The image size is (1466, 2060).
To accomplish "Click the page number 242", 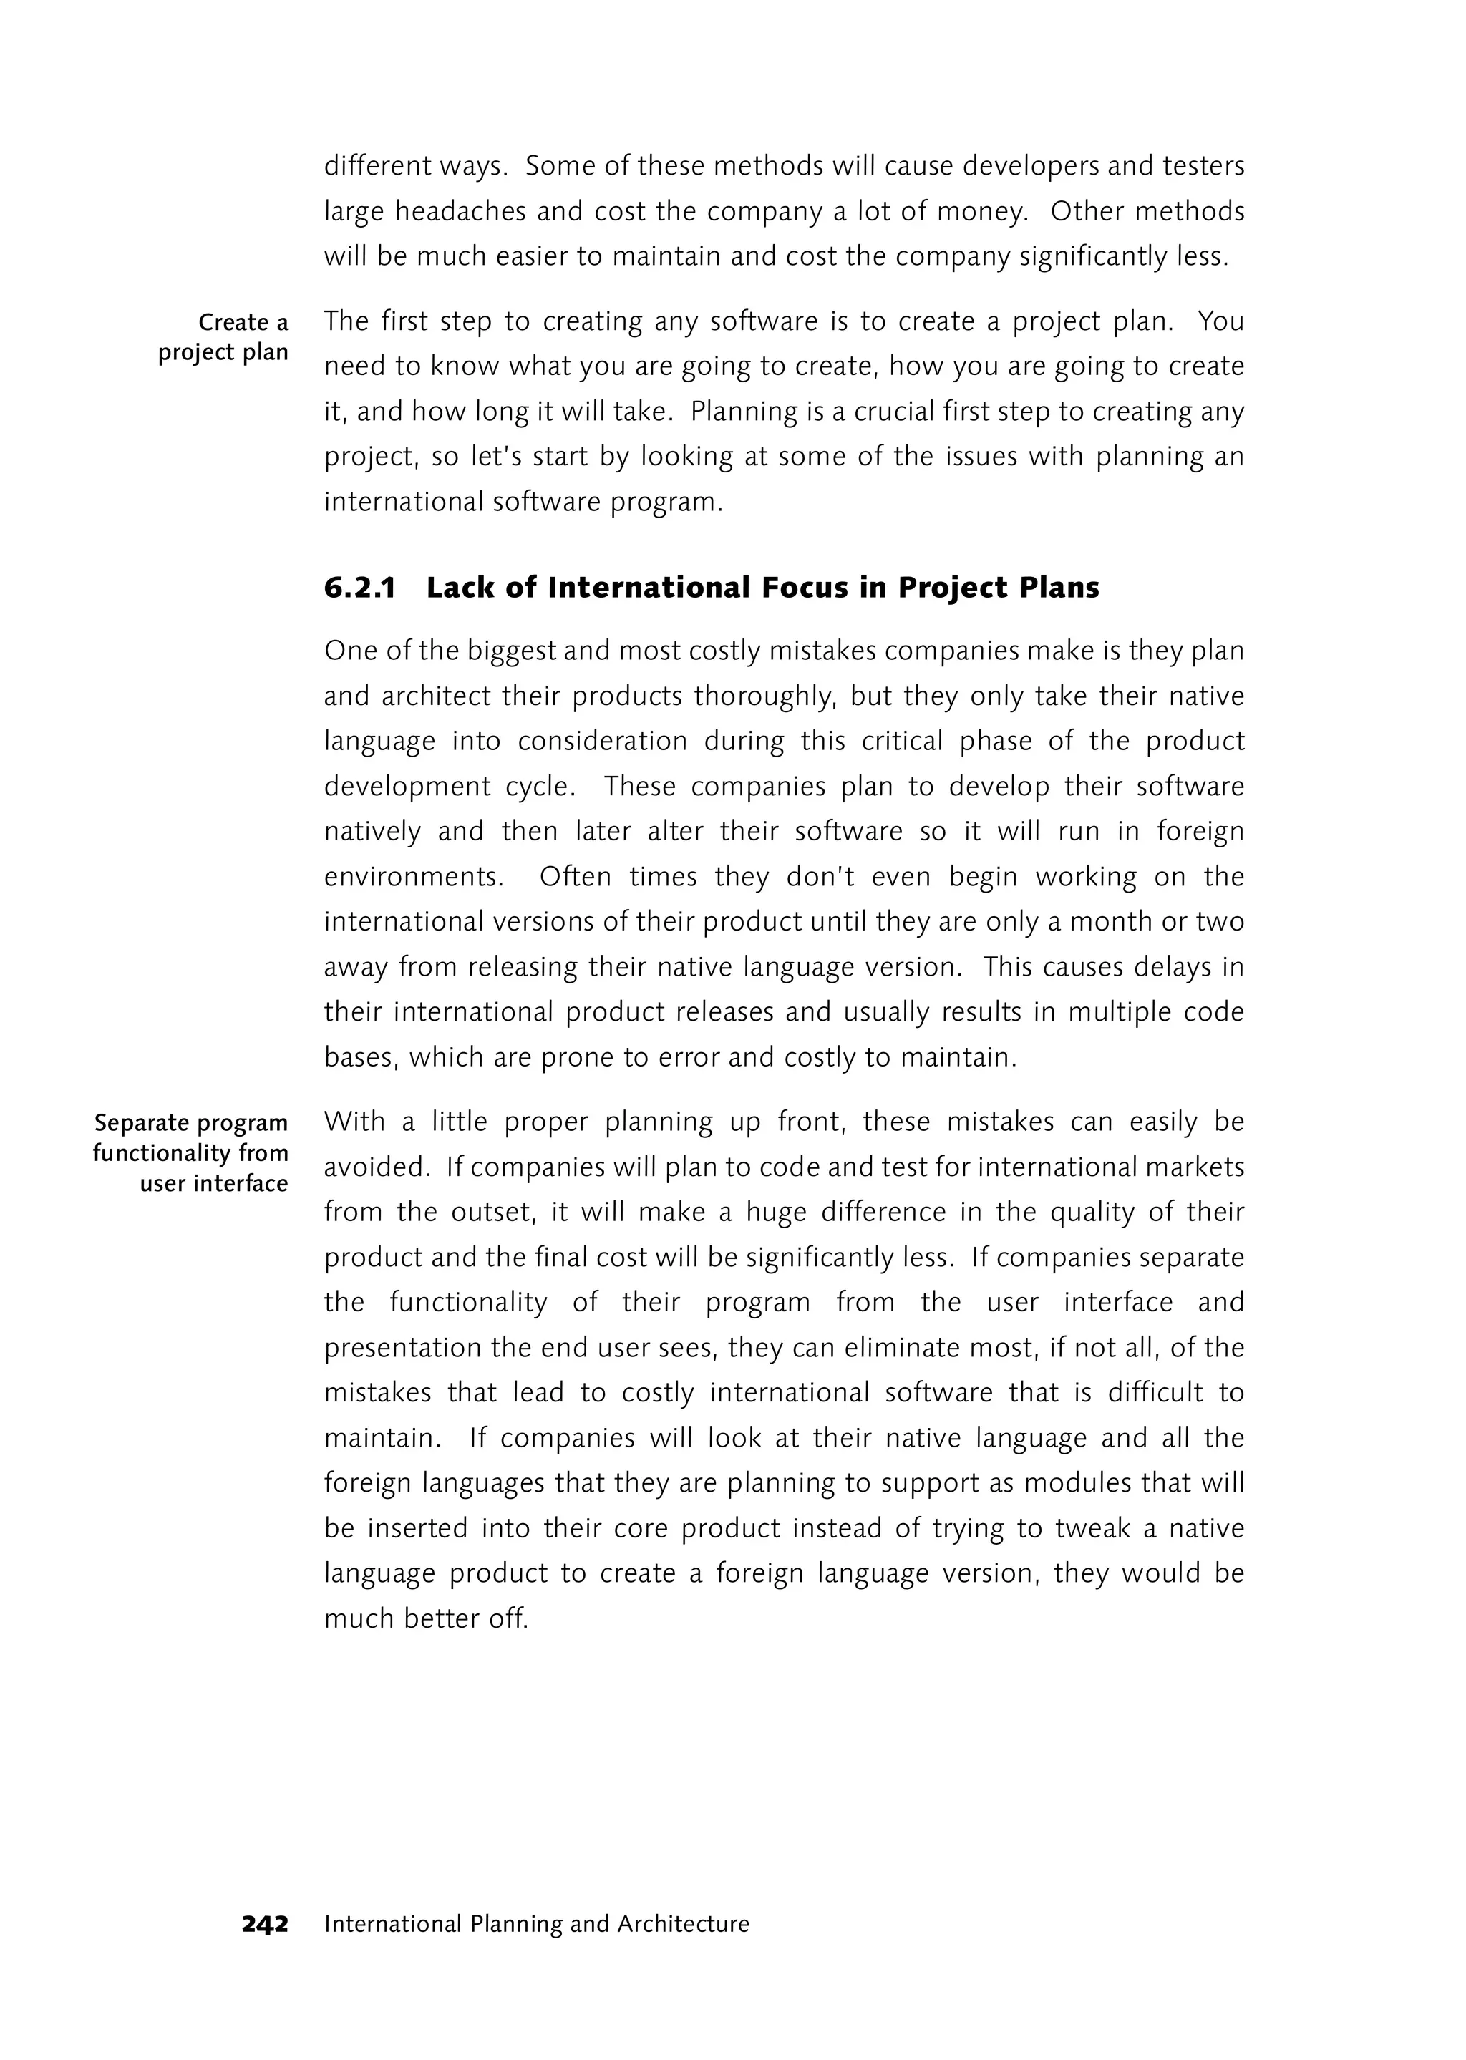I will pyautogui.click(x=264, y=1924).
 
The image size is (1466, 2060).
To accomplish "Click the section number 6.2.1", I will pyautogui.click(x=359, y=588).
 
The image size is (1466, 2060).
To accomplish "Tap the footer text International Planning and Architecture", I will pyautogui.click(x=536, y=1924).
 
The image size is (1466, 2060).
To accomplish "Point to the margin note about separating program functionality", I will pyautogui.click(x=190, y=1153).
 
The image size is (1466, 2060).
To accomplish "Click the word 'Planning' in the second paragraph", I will pyautogui.click(x=729, y=412).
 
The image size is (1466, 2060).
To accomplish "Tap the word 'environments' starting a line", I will pyautogui.click(x=412, y=877).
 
